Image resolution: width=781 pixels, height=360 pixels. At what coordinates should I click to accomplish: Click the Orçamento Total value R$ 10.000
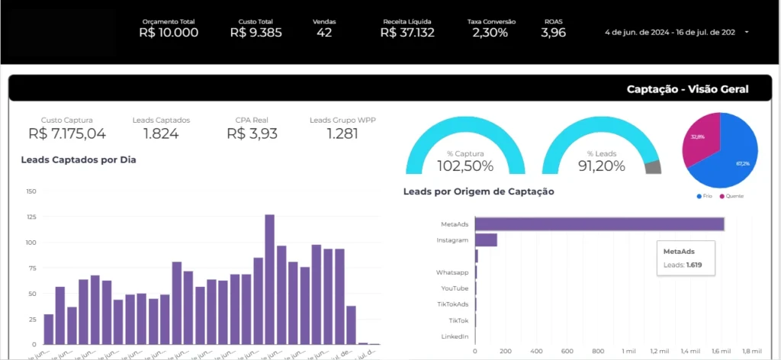(169, 33)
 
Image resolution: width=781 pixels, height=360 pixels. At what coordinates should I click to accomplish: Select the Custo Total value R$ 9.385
(256, 33)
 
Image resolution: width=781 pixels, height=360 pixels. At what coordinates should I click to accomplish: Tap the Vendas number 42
(324, 33)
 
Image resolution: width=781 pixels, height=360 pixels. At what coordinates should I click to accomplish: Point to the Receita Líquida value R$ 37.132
(407, 33)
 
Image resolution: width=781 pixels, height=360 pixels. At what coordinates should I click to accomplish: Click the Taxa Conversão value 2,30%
(490, 33)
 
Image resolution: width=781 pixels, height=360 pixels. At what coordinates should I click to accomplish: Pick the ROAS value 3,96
(553, 33)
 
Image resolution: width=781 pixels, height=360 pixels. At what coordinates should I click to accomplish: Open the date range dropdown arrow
(746, 32)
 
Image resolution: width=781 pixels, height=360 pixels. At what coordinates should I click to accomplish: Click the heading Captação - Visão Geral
(687, 89)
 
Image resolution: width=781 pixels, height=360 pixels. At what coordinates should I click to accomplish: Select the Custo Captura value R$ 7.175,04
(67, 133)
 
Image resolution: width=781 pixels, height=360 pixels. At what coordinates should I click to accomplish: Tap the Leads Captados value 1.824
(161, 133)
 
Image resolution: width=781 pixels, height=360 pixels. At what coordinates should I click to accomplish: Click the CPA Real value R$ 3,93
(252, 133)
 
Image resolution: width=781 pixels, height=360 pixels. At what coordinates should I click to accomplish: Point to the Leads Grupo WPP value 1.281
(342, 133)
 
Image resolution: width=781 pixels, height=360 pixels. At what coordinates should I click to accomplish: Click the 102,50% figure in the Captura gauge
(465, 166)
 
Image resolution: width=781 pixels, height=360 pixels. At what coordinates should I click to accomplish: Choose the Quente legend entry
(732, 196)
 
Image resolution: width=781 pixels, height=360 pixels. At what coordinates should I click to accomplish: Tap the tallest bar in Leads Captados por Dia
(269, 279)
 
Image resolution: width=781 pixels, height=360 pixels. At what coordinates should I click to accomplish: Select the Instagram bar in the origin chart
(486, 240)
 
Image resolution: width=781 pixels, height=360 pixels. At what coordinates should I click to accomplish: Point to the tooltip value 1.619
(694, 265)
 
